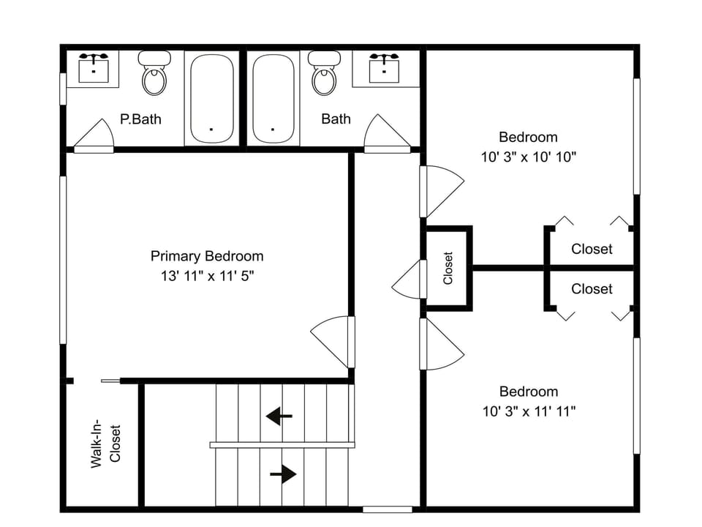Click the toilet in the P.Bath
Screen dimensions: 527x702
[x=154, y=75]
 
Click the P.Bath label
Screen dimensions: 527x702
[x=140, y=119]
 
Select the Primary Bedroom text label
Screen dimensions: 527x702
[x=207, y=256]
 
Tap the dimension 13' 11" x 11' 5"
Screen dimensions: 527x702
[x=207, y=276]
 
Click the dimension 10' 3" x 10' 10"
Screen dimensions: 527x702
[x=528, y=157]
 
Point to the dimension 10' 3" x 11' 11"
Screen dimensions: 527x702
[x=529, y=411]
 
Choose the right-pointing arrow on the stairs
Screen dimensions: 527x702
[x=283, y=474]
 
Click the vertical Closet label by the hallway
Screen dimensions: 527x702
[x=448, y=268]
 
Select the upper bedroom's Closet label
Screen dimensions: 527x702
[x=592, y=249]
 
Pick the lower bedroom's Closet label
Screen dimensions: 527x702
[x=592, y=289]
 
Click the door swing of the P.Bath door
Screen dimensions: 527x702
[x=96, y=136]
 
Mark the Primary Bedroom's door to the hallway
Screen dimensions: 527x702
[x=333, y=341]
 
